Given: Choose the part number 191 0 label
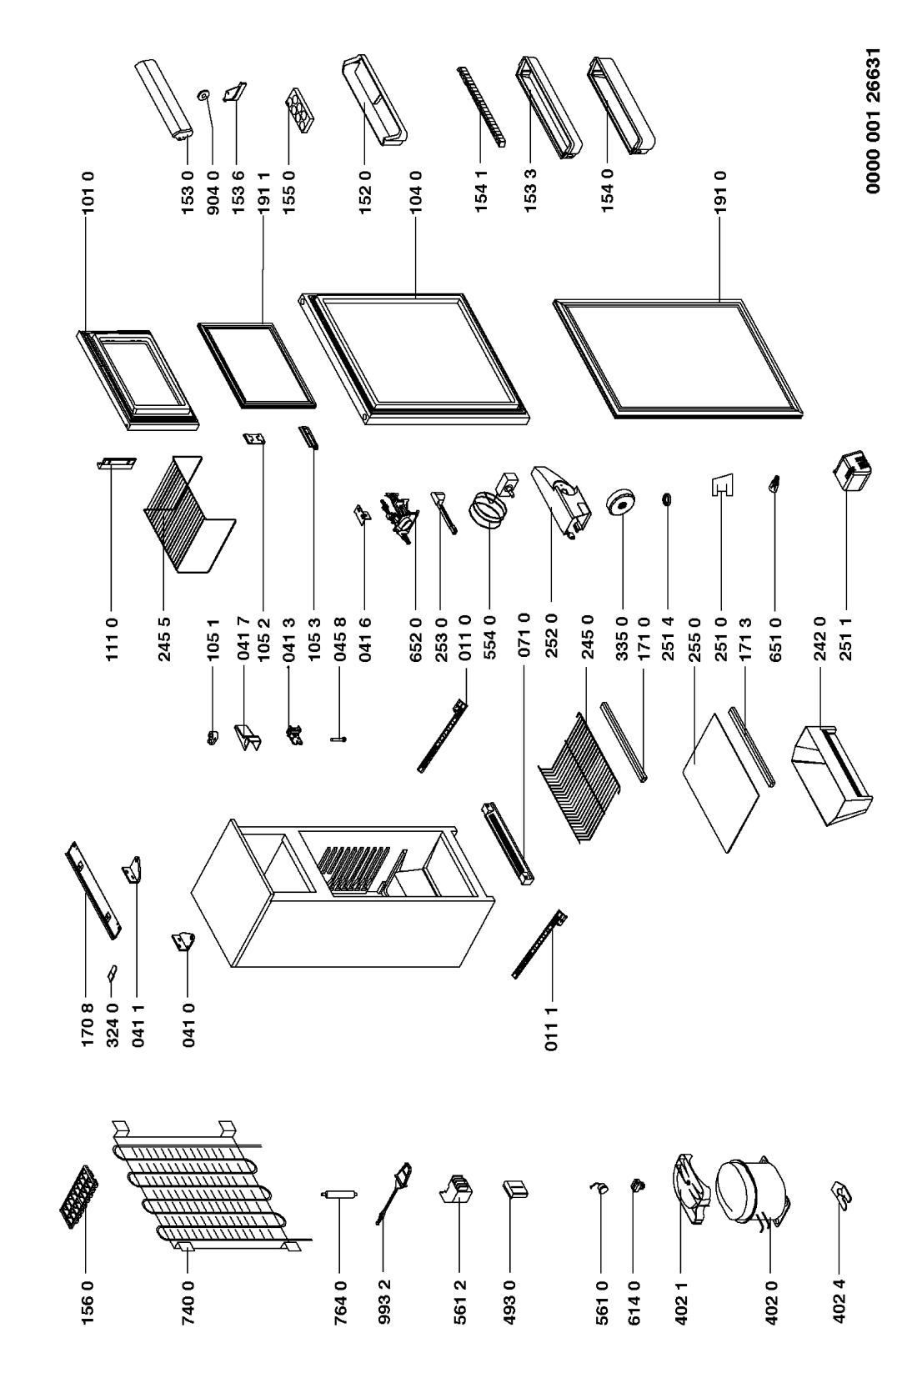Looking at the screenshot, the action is (x=721, y=192).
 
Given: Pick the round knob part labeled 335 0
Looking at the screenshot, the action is (x=619, y=504).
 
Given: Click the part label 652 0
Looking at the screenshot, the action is (x=416, y=639).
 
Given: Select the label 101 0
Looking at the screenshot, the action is (x=88, y=192).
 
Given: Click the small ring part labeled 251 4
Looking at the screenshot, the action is (x=667, y=499).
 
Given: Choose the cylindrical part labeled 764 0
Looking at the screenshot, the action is (x=339, y=1194).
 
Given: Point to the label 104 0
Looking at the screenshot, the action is (x=416, y=192).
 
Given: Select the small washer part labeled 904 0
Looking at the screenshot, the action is (x=203, y=94).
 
